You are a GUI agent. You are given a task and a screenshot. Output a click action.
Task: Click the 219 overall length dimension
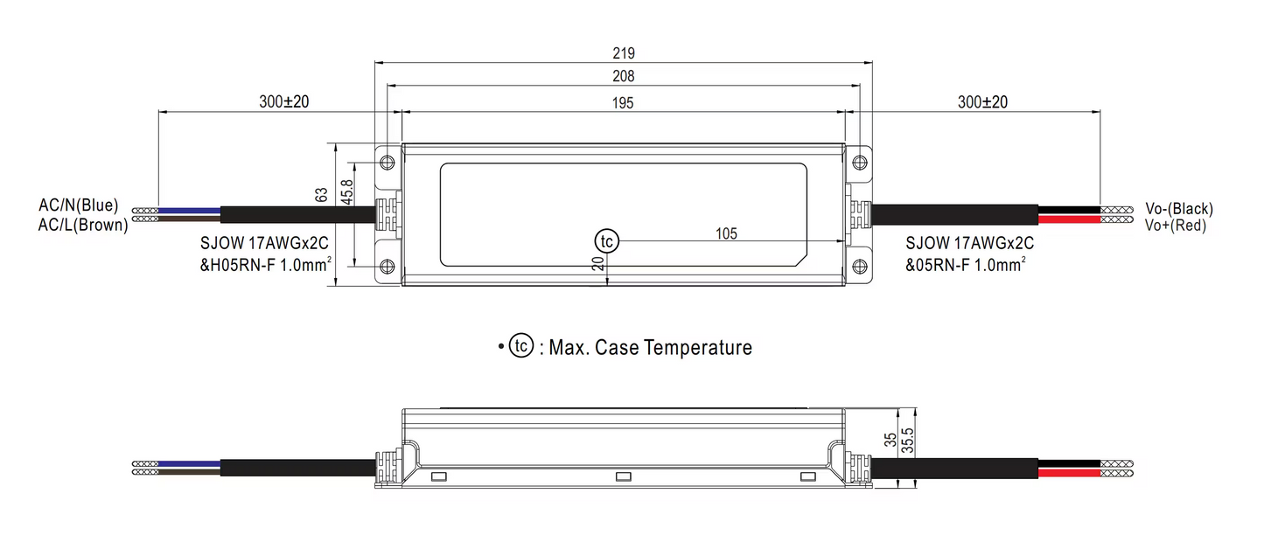click(x=624, y=52)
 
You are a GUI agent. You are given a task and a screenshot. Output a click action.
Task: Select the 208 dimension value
click(x=624, y=76)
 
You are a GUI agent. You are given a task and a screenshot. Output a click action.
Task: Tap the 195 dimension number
click(x=624, y=102)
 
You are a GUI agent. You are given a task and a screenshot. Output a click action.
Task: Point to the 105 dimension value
click(x=726, y=233)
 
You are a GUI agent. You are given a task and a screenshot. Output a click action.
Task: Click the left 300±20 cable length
click(x=284, y=101)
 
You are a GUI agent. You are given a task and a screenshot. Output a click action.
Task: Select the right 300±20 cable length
click(x=982, y=101)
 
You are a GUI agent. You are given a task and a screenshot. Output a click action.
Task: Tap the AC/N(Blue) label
click(x=78, y=206)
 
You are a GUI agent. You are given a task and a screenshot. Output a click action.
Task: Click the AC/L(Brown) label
click(x=82, y=224)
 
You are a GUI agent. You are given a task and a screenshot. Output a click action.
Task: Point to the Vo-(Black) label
click(x=1179, y=209)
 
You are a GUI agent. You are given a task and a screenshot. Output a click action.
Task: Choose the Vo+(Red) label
click(x=1176, y=225)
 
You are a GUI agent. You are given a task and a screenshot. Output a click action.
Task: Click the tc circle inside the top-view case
click(x=606, y=240)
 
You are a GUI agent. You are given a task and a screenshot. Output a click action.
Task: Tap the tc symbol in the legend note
click(x=521, y=347)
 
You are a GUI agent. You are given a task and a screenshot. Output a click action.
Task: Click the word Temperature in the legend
click(x=697, y=347)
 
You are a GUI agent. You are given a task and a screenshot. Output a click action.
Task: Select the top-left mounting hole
click(x=387, y=162)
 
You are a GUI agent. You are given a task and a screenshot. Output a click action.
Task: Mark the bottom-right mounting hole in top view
click(x=861, y=266)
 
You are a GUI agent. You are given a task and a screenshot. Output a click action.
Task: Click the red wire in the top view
click(x=1068, y=219)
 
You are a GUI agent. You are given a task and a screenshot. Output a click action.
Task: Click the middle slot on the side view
click(x=624, y=476)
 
